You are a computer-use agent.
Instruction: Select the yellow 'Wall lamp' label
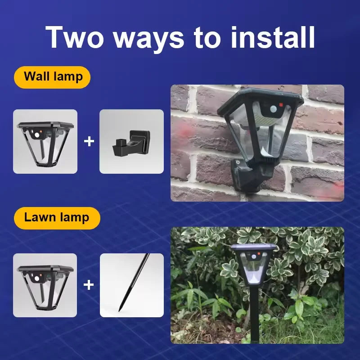coord(53,76)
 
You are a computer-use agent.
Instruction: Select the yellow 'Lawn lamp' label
coord(57,218)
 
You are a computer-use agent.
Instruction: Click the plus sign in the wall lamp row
coord(89,142)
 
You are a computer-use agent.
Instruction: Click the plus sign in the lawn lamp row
coord(89,285)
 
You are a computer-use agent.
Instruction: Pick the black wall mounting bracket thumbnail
coord(131,142)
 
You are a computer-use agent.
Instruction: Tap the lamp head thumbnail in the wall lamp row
coord(45,142)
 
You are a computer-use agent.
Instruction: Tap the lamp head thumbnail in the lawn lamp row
coord(45,285)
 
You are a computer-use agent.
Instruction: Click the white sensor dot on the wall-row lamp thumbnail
coord(36,134)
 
